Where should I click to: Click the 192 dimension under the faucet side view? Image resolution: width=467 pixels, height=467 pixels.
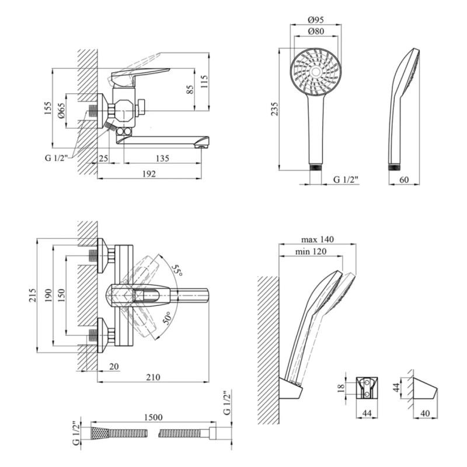149,173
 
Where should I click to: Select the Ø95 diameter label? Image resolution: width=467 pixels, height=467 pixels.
316,19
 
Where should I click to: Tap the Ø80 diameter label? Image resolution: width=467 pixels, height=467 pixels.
316,32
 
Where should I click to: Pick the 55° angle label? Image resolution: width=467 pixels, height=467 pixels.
176,270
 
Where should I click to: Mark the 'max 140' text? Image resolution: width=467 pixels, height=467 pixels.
318,239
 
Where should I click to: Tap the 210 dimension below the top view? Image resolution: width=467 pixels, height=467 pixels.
152,377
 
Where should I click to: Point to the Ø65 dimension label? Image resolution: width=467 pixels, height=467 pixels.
62,110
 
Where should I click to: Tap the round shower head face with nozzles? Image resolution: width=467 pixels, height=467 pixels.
316,72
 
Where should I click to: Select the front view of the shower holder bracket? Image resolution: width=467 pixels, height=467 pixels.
367,387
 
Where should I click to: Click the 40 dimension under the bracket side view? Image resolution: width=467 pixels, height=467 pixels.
426,414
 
